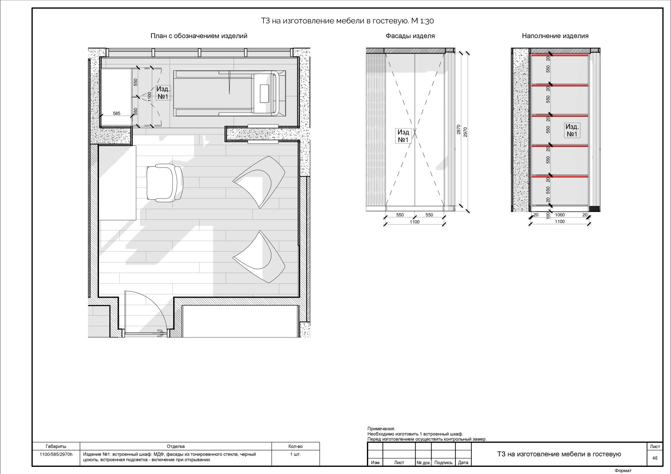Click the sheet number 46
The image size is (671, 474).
pos(655,458)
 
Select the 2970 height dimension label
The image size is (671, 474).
pos(465,132)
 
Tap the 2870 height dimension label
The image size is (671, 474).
pos(458,129)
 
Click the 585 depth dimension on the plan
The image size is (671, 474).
pos(117,113)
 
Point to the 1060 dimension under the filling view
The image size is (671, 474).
pos(559,215)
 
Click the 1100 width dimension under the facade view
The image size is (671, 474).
pos(415,222)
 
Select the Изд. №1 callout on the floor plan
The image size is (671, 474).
pos(163,93)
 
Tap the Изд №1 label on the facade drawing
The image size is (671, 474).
pos(403,136)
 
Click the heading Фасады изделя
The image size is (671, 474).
pos(410,36)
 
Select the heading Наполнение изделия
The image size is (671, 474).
pos(555,36)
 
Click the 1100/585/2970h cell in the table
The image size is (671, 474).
pos(56,454)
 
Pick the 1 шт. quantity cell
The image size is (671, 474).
pos(295,454)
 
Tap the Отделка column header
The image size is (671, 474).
pos(176,446)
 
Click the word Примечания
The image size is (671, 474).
pos(381,428)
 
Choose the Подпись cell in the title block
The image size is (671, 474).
pos(443,462)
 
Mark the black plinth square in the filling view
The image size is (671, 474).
pos(594,209)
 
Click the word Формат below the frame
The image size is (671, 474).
pos(623,470)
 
